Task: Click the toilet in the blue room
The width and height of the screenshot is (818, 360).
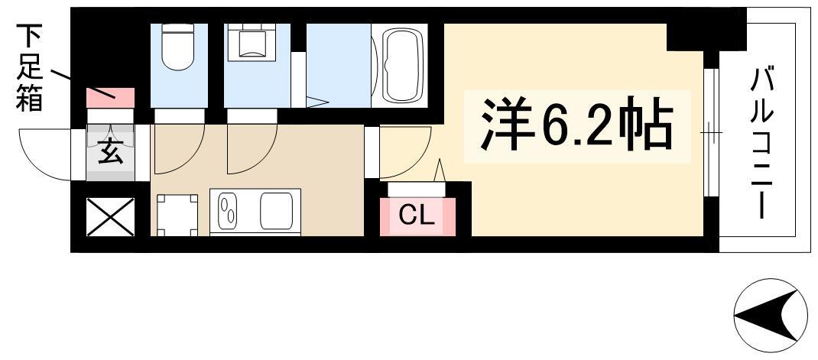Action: click(177, 48)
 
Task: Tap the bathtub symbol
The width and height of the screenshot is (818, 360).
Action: click(402, 65)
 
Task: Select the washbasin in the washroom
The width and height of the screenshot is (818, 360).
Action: click(252, 43)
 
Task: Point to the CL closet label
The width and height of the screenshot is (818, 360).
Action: click(417, 216)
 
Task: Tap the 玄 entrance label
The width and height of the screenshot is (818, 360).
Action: click(110, 152)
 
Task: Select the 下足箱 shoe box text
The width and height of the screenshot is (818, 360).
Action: click(29, 68)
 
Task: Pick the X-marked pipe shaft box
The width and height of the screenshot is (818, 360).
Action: click(110, 217)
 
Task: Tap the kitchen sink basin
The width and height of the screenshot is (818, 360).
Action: click(277, 211)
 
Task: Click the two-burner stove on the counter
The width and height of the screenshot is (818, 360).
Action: click(228, 211)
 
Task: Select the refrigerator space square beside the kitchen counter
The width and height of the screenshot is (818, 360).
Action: click(177, 215)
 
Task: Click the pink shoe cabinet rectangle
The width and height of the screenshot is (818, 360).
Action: click(110, 98)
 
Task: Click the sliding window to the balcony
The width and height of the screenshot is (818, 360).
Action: click(710, 132)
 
